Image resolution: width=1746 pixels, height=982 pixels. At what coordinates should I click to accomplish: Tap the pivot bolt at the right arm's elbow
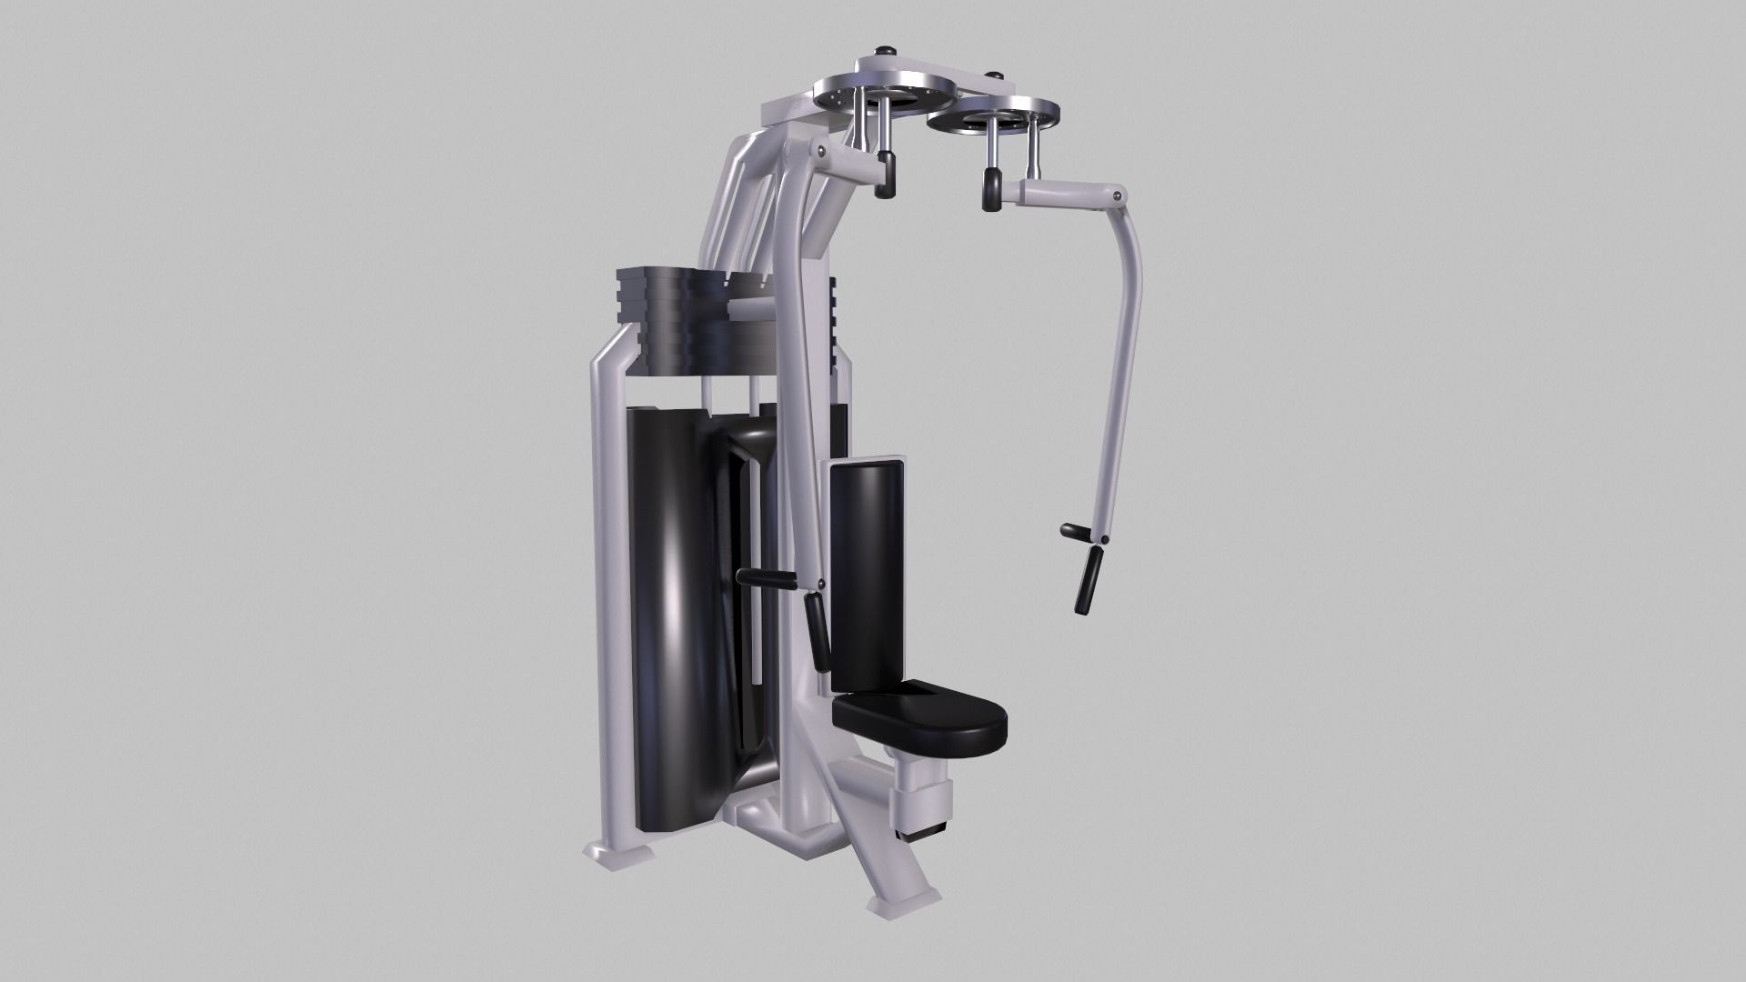pyautogui.click(x=1112, y=195)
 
